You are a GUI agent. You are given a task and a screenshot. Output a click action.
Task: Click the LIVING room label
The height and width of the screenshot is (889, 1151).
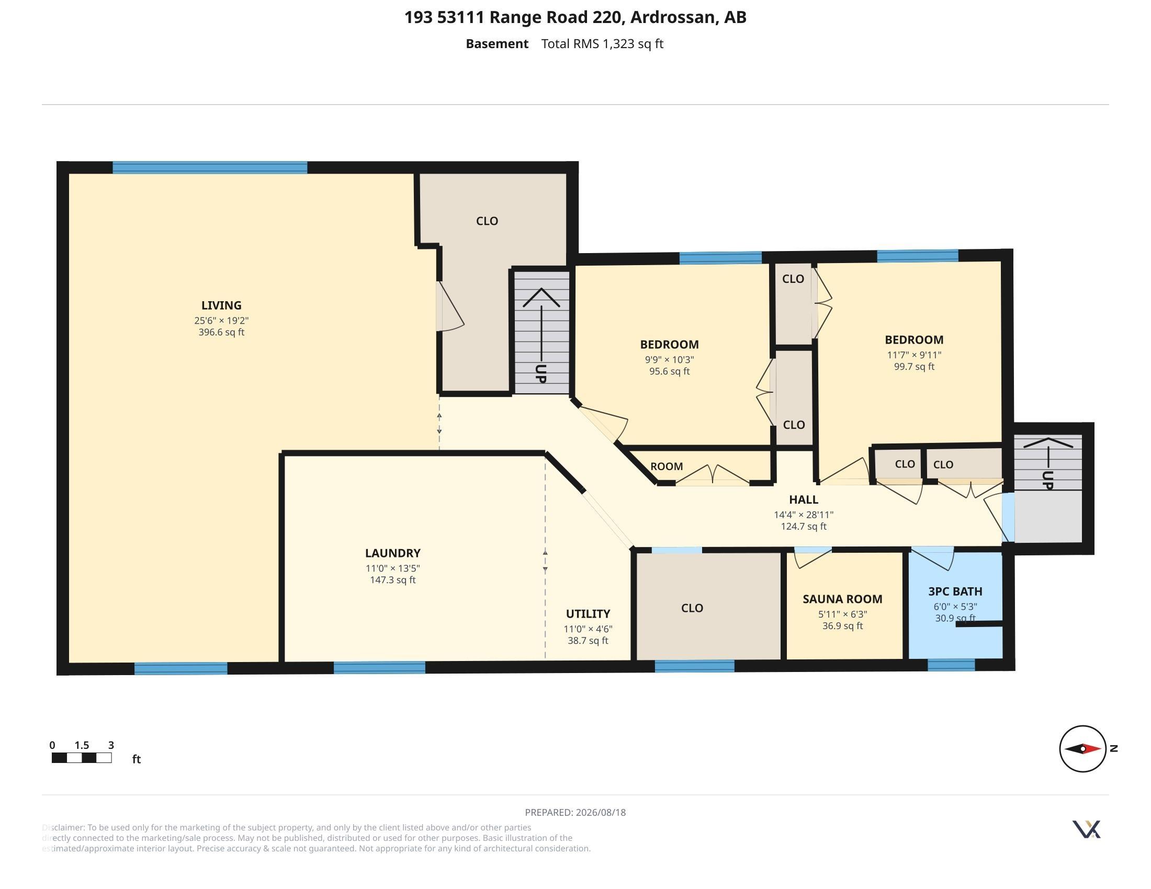(221, 305)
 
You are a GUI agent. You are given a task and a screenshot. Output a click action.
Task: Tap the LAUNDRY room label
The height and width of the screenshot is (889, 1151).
(392, 553)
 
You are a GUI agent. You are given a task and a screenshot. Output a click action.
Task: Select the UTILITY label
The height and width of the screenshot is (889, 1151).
(588, 613)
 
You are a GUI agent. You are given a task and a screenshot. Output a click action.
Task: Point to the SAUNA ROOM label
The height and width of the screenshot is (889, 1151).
(842, 599)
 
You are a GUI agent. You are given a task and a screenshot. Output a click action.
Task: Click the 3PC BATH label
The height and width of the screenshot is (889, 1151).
(955, 591)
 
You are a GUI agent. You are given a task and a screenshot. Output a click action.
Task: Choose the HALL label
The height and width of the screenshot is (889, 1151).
(804, 499)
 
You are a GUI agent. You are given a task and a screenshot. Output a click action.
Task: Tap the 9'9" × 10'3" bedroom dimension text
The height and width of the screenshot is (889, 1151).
(669, 360)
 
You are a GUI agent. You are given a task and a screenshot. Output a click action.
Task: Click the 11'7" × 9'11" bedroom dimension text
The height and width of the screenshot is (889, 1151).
(914, 355)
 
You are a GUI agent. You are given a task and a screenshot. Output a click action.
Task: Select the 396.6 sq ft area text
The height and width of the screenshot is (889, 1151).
(221, 332)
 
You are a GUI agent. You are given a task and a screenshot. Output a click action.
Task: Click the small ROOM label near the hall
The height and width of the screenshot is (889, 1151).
(667, 466)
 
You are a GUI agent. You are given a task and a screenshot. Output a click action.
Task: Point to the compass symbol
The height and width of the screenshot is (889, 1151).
(1083, 748)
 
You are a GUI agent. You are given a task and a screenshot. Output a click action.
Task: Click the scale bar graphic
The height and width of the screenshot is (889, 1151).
(82, 758)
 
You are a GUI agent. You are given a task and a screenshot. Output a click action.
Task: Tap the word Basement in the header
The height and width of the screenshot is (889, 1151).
(497, 44)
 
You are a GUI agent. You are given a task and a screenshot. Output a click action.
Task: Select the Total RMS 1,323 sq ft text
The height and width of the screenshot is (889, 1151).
(602, 44)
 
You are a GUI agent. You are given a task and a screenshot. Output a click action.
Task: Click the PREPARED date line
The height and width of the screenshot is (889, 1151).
(575, 812)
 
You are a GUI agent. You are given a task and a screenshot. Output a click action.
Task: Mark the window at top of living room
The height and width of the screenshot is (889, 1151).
(210, 167)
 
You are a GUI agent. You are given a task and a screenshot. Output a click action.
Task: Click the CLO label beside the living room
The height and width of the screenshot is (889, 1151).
(487, 221)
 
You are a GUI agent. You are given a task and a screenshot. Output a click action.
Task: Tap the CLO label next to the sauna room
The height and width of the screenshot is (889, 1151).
(692, 608)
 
